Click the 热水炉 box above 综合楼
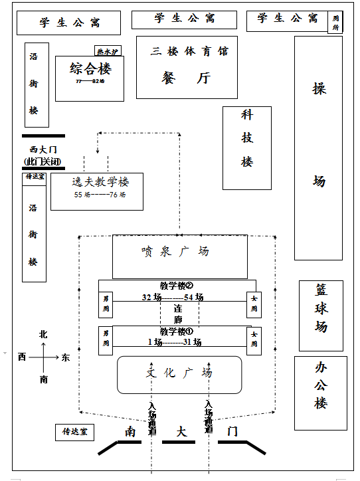pos(108,50)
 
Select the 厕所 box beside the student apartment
pos(335,23)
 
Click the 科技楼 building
pos(247,138)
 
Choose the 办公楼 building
pos(321,385)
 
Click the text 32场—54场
pos(173,297)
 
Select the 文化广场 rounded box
pos(179,373)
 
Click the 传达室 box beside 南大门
pos(75,433)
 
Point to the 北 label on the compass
pos(44,335)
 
